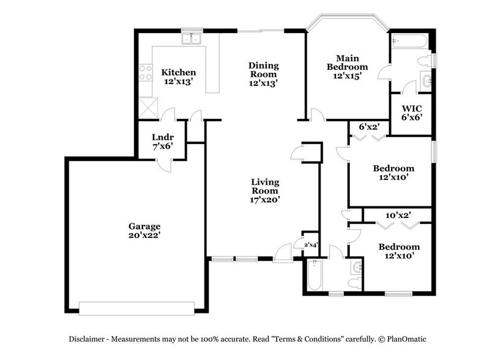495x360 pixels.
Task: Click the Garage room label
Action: pos(144,225)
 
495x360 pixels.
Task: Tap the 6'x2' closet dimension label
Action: pos(369,127)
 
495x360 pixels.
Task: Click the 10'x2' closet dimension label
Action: pos(398,215)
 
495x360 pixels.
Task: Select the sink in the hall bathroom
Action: pos(357,268)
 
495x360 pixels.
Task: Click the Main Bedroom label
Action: pos(347,62)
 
